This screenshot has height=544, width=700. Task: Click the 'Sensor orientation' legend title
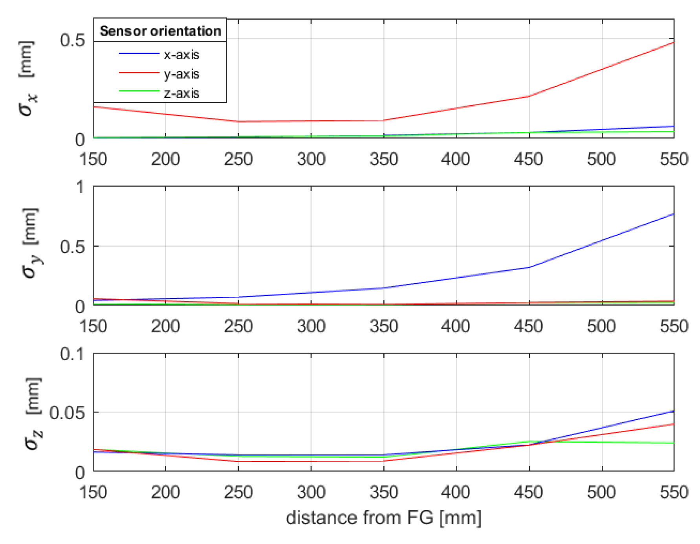160,31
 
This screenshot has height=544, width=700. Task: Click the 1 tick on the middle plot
80,187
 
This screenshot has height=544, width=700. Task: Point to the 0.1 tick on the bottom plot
72,354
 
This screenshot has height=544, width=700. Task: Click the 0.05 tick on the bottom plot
67,412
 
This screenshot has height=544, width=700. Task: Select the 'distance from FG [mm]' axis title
383,517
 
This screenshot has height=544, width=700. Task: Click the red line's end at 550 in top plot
673,42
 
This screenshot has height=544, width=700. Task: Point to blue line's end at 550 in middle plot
673,214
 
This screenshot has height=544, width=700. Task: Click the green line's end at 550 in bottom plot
673,443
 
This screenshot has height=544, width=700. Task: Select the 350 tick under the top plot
384,159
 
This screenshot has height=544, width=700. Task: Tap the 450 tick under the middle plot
529,326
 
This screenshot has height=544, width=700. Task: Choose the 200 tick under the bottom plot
165,492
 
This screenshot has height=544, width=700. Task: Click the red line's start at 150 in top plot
94,106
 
